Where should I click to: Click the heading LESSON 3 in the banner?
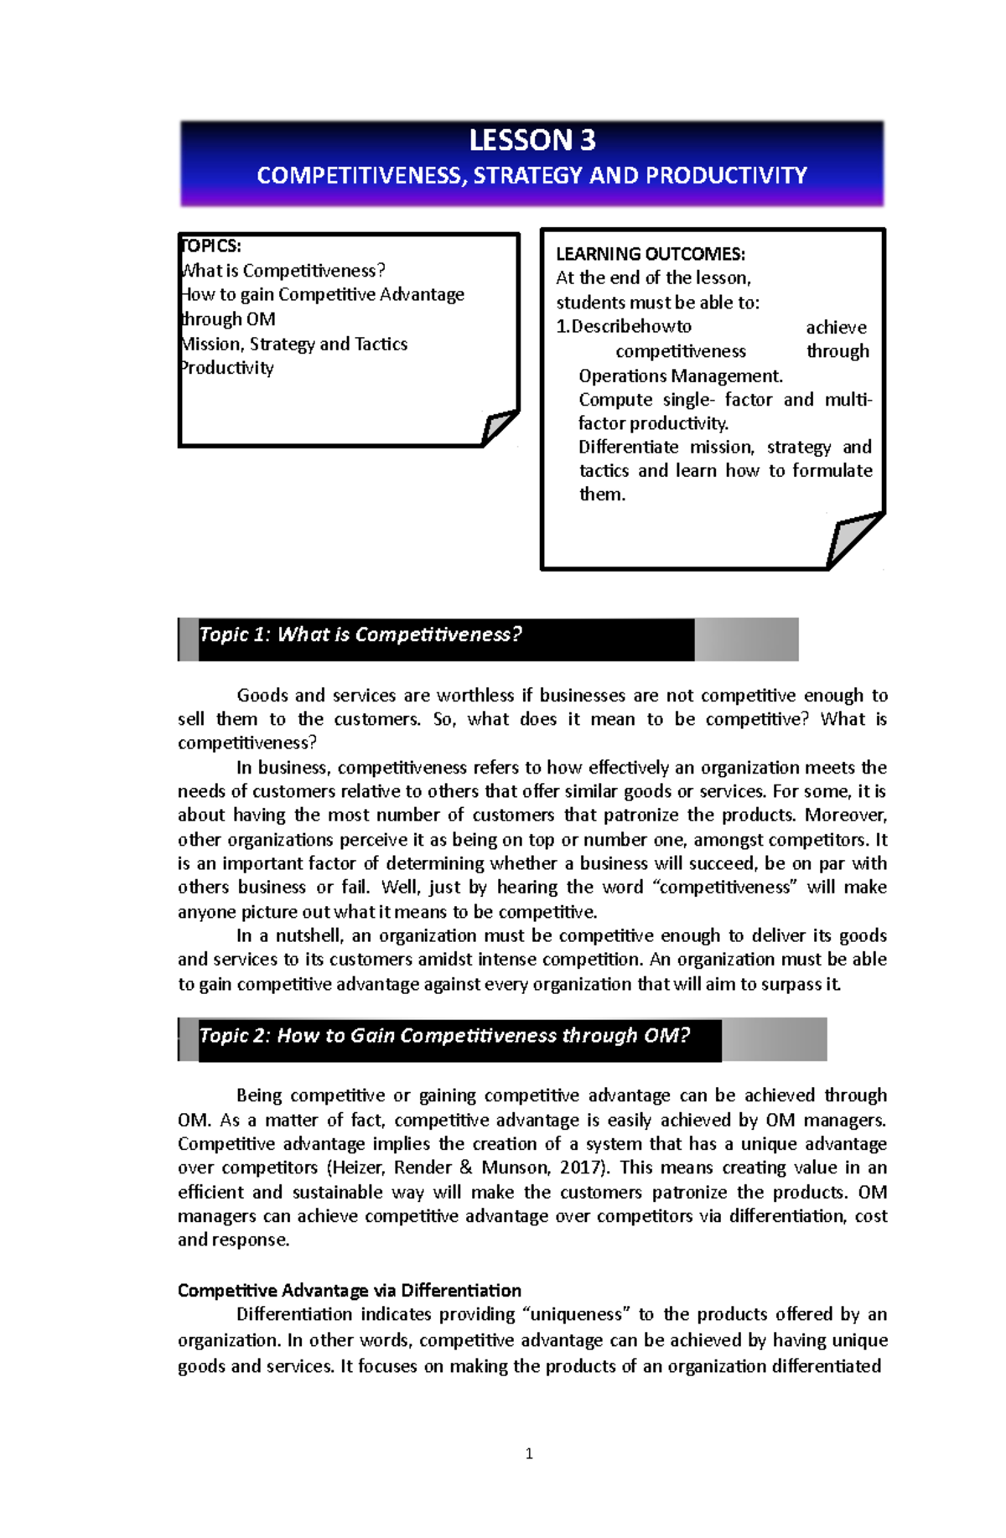coord(532,140)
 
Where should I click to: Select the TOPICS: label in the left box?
coord(211,246)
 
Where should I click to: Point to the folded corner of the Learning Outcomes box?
coord(853,541)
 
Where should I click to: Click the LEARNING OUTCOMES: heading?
coord(650,254)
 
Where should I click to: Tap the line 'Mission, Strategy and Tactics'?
coord(294,344)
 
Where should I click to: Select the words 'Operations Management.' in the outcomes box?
coord(680,375)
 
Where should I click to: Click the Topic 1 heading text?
coord(360,634)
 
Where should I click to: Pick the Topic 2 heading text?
coord(444,1036)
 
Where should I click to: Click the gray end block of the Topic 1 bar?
coord(745,640)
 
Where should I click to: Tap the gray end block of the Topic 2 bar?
coord(774,1039)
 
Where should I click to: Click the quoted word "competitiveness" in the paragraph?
coord(725,888)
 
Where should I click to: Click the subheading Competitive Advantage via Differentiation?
coord(349,1290)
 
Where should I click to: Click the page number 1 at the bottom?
coord(529,1453)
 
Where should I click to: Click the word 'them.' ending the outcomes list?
coord(602,495)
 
